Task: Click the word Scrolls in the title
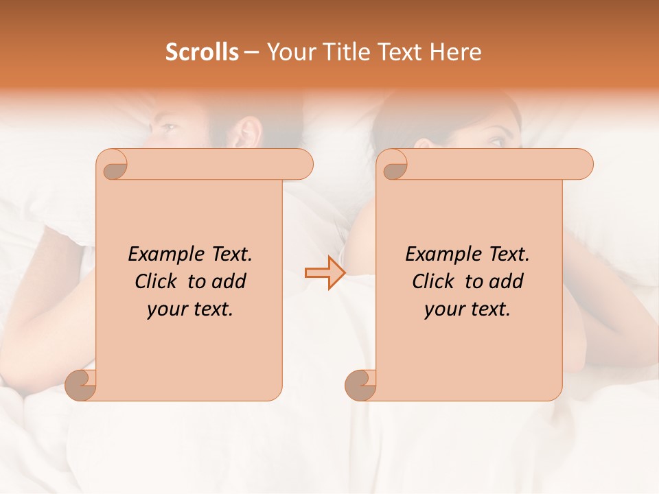(x=202, y=52)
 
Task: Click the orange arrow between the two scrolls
(x=325, y=273)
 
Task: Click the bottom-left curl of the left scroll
(x=80, y=386)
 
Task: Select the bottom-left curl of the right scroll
(x=360, y=386)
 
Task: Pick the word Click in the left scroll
(x=154, y=281)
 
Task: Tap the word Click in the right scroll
(x=432, y=281)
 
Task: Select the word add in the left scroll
(x=229, y=281)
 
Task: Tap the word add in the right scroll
(x=506, y=281)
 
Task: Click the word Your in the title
(x=290, y=52)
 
